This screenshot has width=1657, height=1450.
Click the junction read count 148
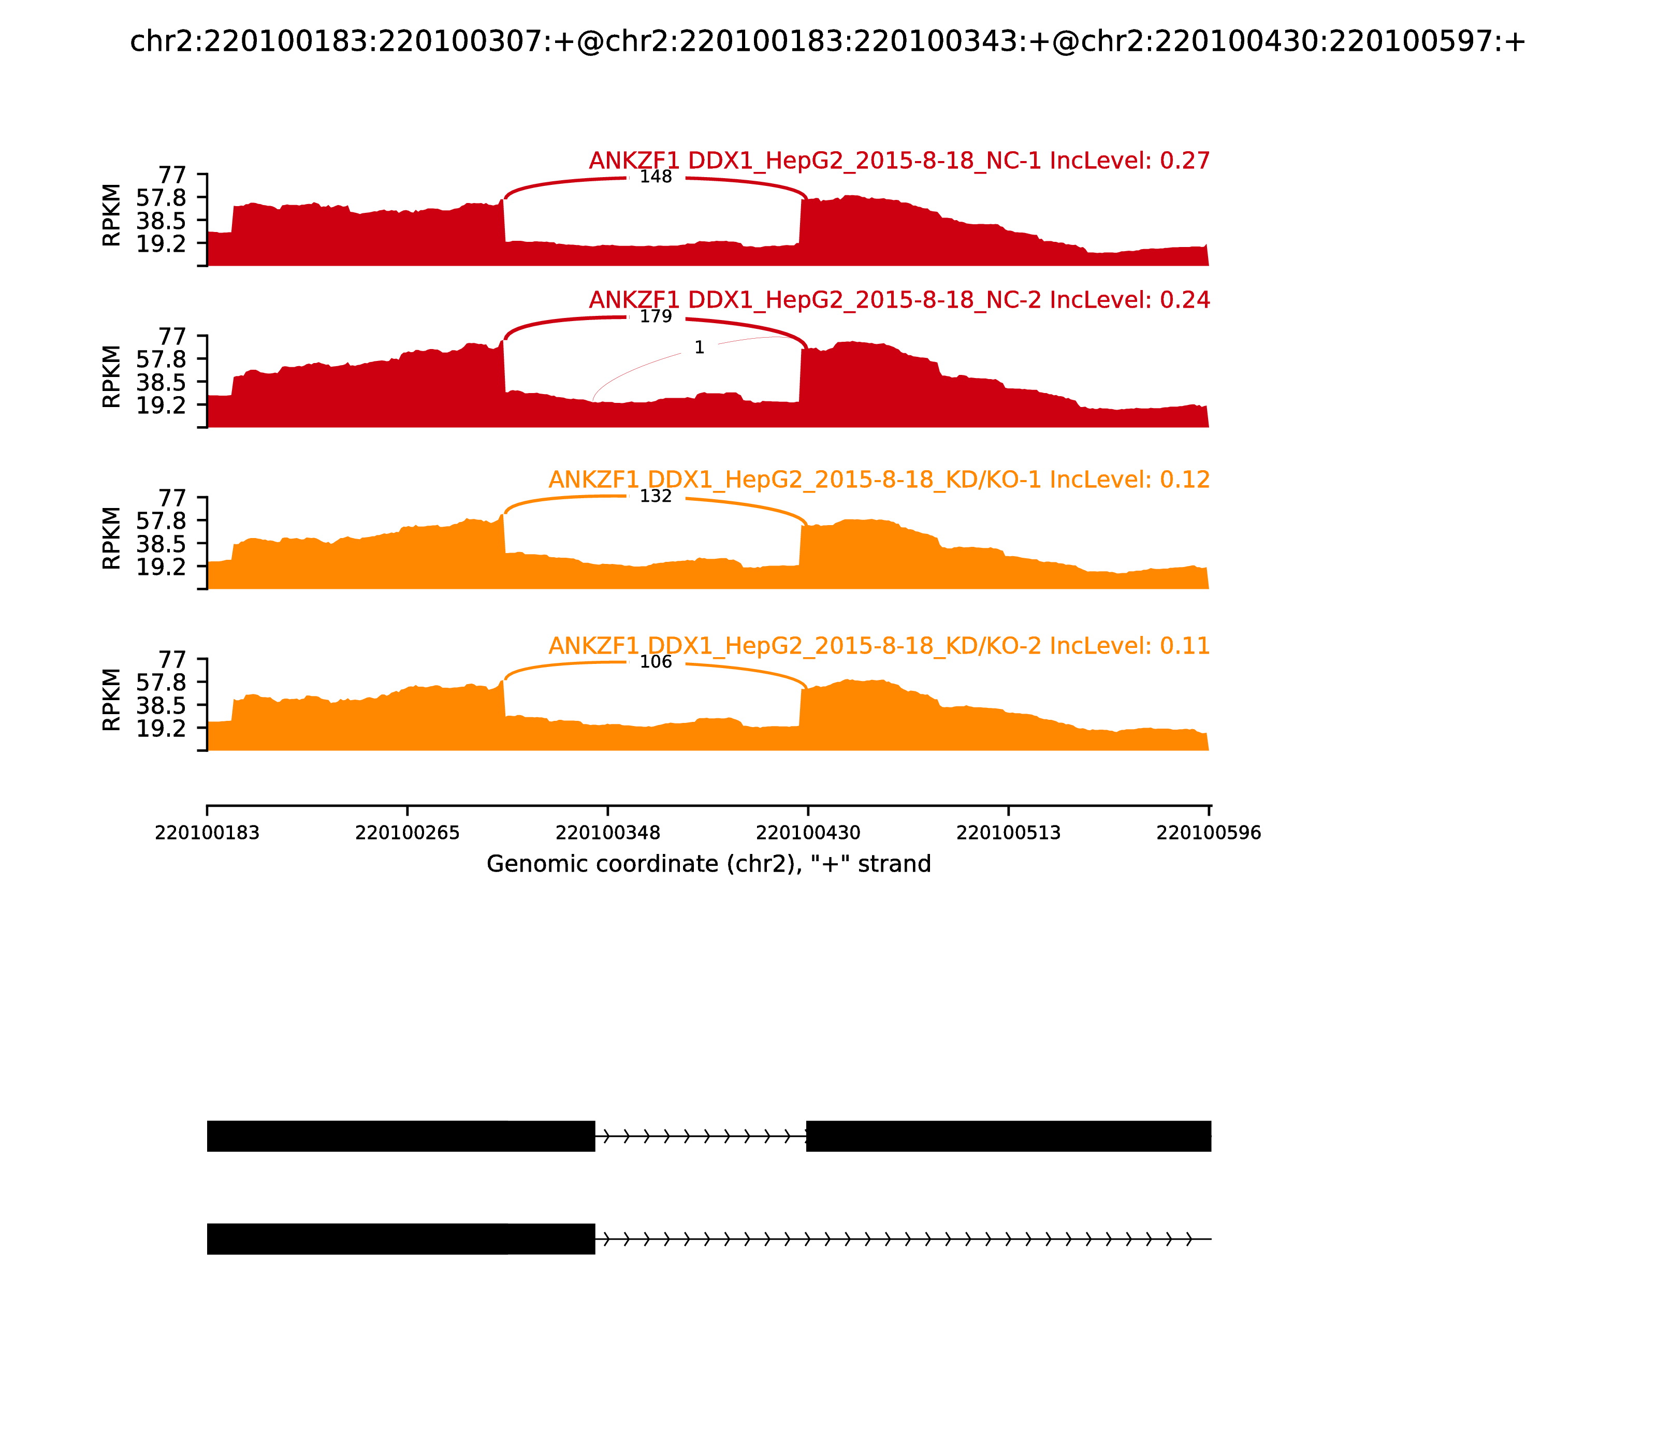pos(656,177)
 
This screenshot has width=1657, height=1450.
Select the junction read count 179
pos(656,316)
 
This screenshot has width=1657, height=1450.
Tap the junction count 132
pos(656,496)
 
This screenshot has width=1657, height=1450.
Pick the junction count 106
pos(656,662)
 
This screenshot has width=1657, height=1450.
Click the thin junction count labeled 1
pos(699,348)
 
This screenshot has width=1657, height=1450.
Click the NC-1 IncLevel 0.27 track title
pos(899,161)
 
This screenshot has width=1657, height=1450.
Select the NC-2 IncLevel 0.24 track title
pos(899,300)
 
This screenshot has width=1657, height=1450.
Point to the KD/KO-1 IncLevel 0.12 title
pos(879,480)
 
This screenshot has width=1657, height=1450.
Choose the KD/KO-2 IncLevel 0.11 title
pos(879,646)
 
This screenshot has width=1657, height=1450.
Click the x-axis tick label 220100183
pos(207,833)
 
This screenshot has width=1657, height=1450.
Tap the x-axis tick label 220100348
pos(607,833)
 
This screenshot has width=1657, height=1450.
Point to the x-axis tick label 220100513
pos(1008,833)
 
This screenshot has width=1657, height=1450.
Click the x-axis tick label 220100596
pos(1209,833)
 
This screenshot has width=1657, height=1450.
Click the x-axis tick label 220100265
pos(407,833)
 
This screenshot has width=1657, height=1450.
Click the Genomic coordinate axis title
pos(709,864)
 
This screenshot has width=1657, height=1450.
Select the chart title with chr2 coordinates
pos(827,41)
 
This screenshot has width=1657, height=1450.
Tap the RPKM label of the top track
pos(112,215)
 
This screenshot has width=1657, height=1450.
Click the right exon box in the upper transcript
pos(1008,1136)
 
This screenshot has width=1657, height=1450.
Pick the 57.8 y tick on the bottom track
pos(161,682)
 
